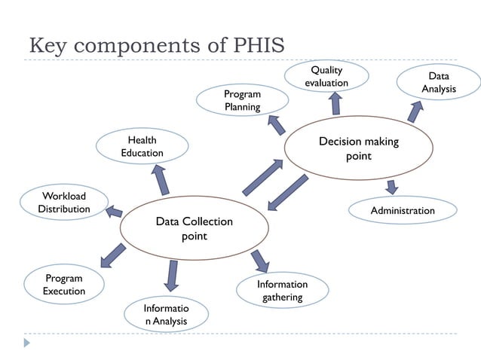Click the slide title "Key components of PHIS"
coord(156,44)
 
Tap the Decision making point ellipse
coord(358,148)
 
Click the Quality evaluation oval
coord(326,76)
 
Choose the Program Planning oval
coord(242,101)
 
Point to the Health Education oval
coord(142,146)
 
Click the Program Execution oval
coord(63,285)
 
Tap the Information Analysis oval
coord(165,316)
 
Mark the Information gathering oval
coord(282,291)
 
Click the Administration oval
coord(403,210)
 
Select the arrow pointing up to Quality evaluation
coord(335,103)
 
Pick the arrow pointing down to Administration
coord(391,187)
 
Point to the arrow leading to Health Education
coord(161,179)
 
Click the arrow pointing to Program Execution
coord(112,255)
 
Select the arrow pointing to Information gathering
coord(260,260)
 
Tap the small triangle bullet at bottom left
coord(27,343)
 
